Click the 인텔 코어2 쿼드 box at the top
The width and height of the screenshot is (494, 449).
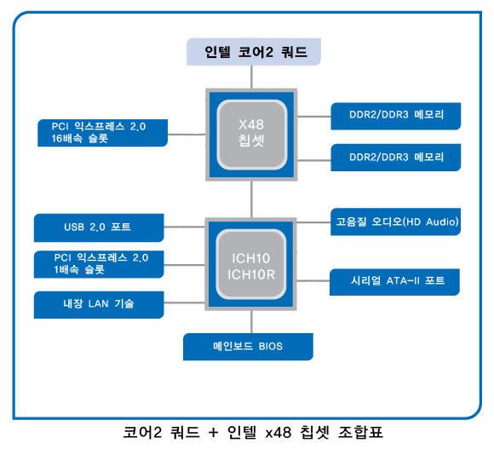point(254,52)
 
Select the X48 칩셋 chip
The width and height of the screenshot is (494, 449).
point(251,135)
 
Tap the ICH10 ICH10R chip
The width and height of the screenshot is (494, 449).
point(250,264)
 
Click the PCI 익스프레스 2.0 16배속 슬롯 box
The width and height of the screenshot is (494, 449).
point(102,133)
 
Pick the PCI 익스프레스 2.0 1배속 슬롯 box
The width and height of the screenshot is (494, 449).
point(99,264)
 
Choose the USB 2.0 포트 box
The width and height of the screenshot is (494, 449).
point(99,227)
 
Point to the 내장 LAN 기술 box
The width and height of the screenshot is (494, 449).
point(99,304)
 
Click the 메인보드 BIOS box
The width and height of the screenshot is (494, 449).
point(248,347)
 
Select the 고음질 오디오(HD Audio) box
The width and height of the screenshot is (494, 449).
point(395,222)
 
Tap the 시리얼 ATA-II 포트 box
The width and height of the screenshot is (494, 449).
point(394,282)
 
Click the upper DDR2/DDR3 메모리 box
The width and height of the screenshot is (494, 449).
point(396,116)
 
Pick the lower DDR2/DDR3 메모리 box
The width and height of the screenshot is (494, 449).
point(396,158)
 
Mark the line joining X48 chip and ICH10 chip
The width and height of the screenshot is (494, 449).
point(251,199)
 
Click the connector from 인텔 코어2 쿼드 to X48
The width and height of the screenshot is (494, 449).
point(251,77)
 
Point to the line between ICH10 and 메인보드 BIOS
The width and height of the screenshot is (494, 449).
point(251,322)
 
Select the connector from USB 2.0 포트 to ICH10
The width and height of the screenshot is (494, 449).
point(184,227)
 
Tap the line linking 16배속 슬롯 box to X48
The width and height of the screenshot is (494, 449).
point(187,135)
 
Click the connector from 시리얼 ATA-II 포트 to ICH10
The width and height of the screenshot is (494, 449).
point(313,280)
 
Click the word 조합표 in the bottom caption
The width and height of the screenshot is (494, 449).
point(360,432)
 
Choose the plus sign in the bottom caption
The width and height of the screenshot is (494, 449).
point(213,433)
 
